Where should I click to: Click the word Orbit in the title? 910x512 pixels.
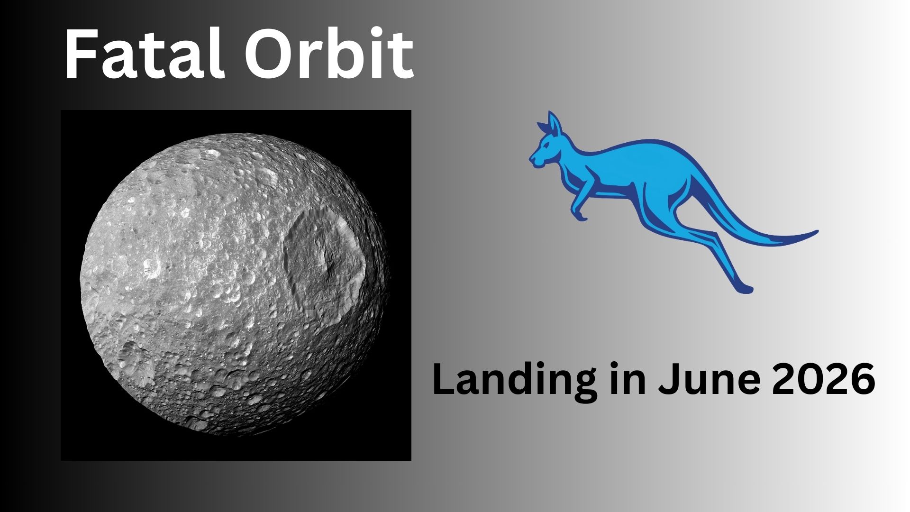(329, 54)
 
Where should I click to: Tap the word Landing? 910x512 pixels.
(514, 381)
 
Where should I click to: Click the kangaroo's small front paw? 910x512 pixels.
(580, 217)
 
